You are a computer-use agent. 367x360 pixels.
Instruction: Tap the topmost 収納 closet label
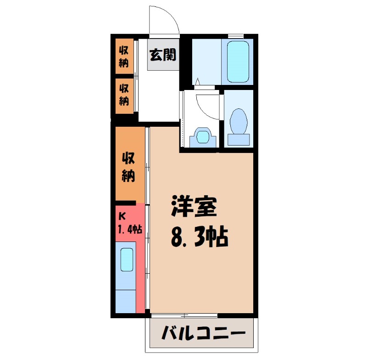(x=124, y=56)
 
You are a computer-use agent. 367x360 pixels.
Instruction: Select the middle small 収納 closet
(x=124, y=93)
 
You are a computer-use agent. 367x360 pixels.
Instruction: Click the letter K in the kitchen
(x=122, y=215)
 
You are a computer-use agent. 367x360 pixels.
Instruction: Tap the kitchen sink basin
(x=126, y=259)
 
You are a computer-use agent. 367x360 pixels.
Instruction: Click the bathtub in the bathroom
(x=238, y=62)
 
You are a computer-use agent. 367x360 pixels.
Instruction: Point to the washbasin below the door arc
(x=202, y=136)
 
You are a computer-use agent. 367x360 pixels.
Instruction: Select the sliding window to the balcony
(x=183, y=315)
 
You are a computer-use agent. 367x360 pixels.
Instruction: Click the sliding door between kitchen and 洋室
(x=147, y=220)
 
